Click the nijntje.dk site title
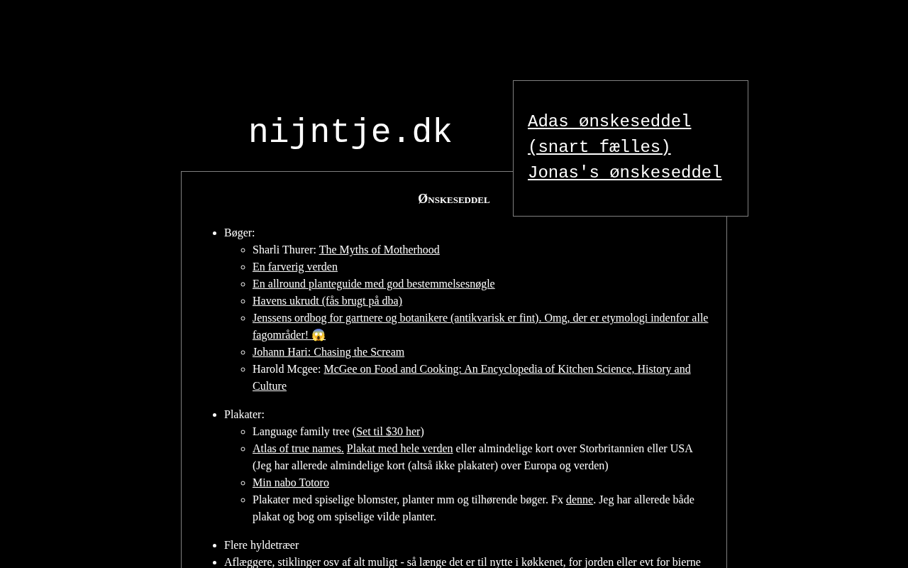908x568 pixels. coord(350,133)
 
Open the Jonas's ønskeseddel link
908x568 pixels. coord(624,173)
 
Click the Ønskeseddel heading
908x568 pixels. coord(454,200)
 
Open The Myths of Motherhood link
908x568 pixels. coord(379,250)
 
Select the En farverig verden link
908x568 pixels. coord(295,267)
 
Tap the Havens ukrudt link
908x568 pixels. coord(327,301)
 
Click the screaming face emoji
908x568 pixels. coord(319,335)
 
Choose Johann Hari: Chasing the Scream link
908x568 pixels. coord(328,352)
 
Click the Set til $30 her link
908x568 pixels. coord(388,432)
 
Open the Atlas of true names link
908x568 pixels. coord(298,449)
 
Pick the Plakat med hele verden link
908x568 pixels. coord(399,449)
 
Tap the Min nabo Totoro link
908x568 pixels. coord(291,483)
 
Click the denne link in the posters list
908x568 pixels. coord(579,500)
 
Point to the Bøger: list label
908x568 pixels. coord(239,233)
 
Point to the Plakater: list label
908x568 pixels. coord(244,415)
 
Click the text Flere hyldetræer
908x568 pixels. coord(261,545)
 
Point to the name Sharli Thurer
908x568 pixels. coord(283,250)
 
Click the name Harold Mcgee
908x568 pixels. coord(286,369)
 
